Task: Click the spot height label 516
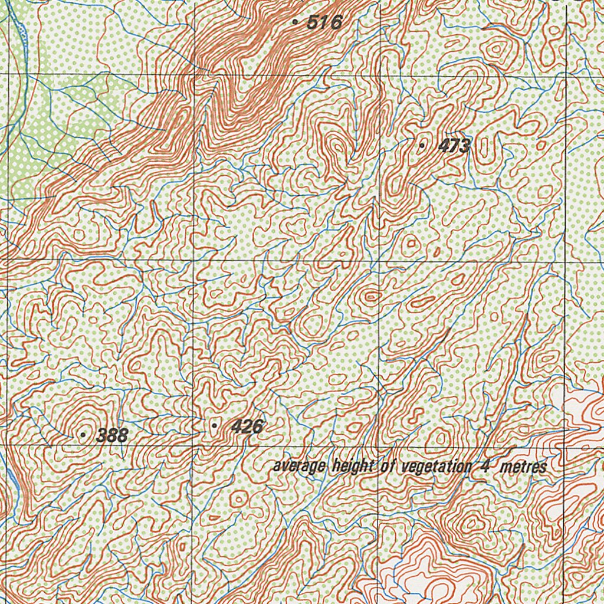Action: point(325,23)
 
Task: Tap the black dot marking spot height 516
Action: point(295,22)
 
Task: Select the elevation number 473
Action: point(454,146)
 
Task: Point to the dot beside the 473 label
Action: point(422,145)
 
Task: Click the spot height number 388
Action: point(112,436)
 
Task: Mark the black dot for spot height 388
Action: point(83,435)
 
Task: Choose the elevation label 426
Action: point(247,426)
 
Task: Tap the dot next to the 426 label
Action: point(214,425)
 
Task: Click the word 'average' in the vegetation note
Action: point(298,467)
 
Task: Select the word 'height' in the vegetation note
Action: point(354,466)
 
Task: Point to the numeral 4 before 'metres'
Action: point(484,467)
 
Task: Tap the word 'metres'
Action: point(523,467)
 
